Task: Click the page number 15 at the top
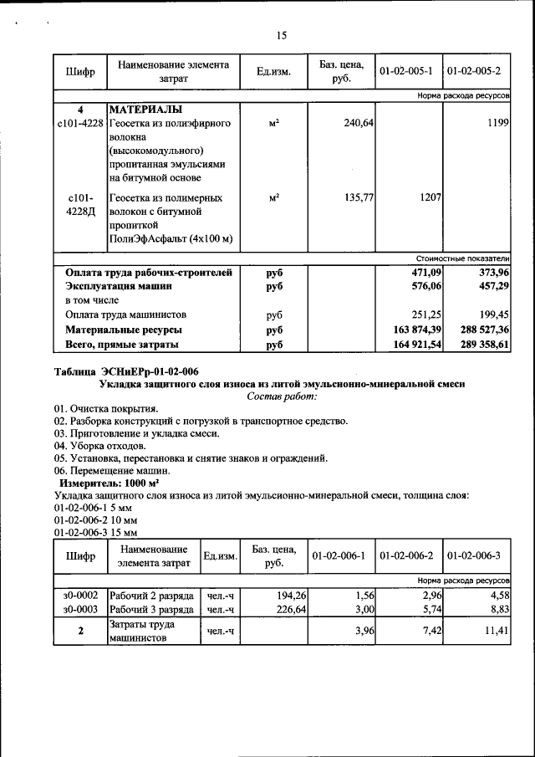281,35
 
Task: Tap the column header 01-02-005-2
473,72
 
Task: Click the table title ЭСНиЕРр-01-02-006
126,371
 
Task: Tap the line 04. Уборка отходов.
99,446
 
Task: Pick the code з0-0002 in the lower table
80,595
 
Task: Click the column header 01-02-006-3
473,556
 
